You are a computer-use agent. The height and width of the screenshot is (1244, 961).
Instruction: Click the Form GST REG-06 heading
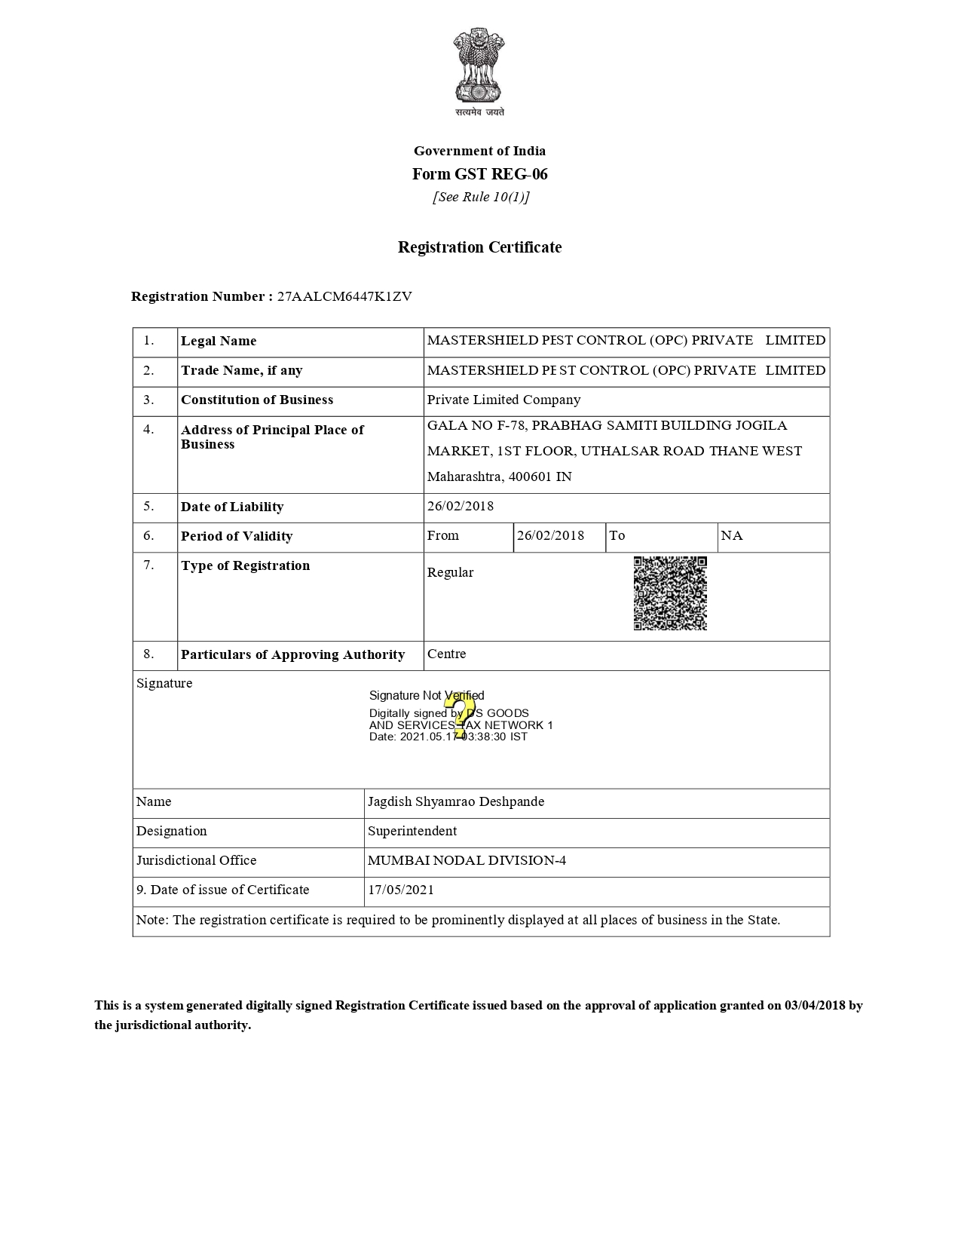(x=479, y=174)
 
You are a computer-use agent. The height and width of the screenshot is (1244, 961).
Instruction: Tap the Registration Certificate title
(x=479, y=247)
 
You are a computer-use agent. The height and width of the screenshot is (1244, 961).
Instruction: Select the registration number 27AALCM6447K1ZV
(x=344, y=296)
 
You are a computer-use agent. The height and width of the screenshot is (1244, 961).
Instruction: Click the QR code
(x=670, y=593)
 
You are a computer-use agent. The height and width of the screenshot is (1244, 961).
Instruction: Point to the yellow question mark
(x=459, y=714)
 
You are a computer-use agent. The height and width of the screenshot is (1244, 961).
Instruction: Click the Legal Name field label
(x=219, y=341)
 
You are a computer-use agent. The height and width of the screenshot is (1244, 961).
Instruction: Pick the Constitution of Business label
(x=257, y=400)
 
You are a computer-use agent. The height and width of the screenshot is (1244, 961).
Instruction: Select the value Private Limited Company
(x=503, y=400)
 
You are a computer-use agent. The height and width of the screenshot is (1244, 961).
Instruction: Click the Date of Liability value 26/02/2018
(x=461, y=506)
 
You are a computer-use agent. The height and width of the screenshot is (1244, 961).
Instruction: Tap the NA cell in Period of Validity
(x=732, y=535)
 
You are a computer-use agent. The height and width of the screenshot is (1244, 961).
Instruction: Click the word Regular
(x=450, y=572)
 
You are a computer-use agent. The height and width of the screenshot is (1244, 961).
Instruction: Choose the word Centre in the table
(x=446, y=654)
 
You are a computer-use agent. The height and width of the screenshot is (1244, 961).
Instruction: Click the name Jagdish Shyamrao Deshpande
(x=456, y=801)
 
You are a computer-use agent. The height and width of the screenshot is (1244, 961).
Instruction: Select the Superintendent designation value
(x=412, y=831)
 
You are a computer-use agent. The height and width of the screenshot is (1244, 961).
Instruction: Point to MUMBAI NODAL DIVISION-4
(x=467, y=860)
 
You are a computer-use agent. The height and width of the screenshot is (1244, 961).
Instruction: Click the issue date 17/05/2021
(x=401, y=890)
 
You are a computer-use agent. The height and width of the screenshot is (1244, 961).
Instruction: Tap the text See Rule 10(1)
(x=481, y=197)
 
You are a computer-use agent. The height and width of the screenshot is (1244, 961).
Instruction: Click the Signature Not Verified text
(x=427, y=695)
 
